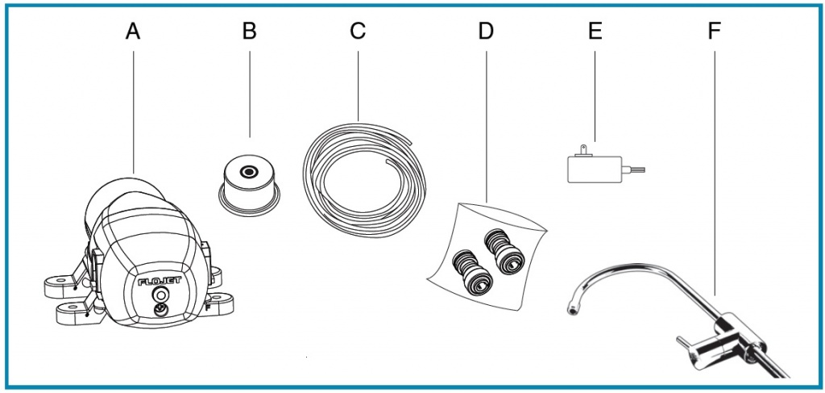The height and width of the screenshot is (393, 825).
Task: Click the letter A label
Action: tap(134, 31)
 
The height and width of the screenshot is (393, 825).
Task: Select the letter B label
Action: tap(249, 31)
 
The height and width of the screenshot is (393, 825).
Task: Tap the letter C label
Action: tap(358, 31)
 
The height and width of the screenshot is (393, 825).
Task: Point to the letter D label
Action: tap(485, 31)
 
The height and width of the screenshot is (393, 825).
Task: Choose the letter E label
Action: tap(595, 31)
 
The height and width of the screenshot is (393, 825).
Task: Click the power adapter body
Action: tap(593, 169)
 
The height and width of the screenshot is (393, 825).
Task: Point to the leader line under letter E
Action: tap(595, 97)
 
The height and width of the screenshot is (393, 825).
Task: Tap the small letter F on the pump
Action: tap(209, 308)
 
